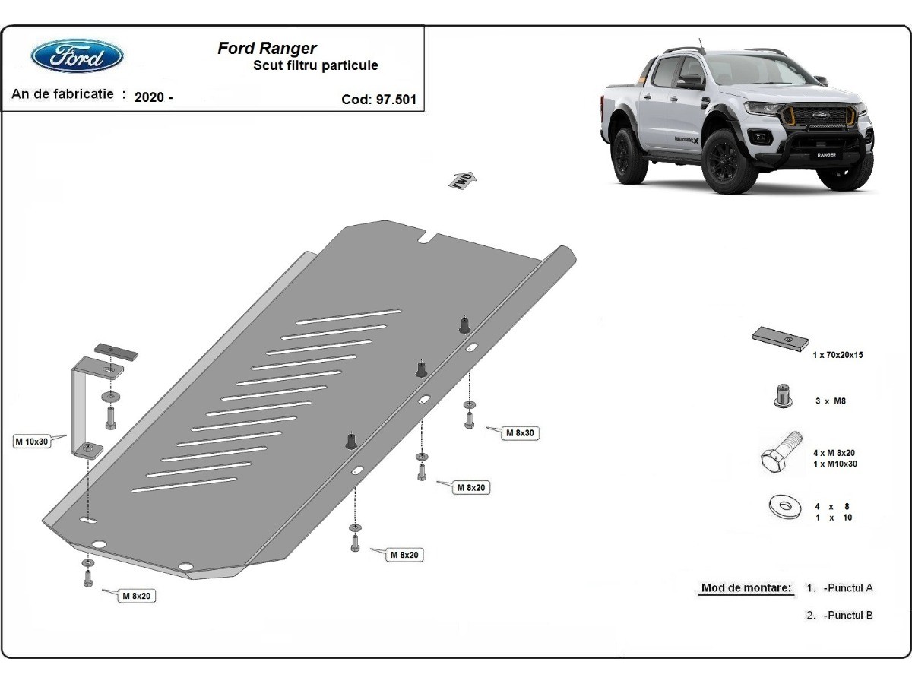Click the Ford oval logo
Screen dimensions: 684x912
tap(77, 56)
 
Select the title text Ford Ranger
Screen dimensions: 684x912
tap(268, 49)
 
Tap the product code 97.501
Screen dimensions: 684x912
tap(396, 99)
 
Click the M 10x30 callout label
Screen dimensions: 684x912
tap(31, 442)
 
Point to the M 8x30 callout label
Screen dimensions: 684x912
tap(521, 433)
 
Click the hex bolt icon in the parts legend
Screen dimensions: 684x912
tap(781, 453)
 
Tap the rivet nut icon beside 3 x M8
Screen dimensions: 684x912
tap(781, 396)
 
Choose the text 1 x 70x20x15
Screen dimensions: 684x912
tap(838, 355)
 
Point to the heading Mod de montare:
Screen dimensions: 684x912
tap(746, 588)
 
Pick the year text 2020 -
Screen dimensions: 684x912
tap(154, 97)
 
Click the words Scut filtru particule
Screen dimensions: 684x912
tap(315, 66)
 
